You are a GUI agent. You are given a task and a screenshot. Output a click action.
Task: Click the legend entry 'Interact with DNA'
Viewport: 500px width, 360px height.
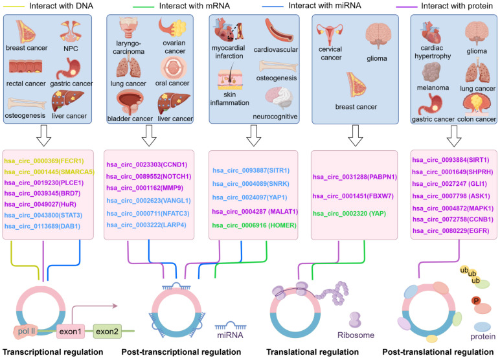[x=62, y=6]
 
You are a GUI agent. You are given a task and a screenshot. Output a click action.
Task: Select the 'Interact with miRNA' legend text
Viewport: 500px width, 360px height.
[x=324, y=6]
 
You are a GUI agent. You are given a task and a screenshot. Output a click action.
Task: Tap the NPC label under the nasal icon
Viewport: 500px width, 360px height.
[x=71, y=49]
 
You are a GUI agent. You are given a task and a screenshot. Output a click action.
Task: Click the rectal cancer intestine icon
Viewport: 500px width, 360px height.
[x=25, y=67]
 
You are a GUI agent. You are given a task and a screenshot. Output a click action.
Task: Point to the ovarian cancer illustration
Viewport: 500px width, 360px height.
[x=172, y=28]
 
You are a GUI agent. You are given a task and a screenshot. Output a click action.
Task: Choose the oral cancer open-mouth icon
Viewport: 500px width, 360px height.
[x=174, y=67]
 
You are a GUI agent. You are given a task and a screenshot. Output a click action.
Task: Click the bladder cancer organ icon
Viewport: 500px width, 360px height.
[x=130, y=102]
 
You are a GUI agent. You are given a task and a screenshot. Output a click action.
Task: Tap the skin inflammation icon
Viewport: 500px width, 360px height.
[x=229, y=78]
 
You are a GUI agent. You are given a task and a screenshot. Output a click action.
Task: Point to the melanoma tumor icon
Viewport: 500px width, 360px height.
[x=431, y=73]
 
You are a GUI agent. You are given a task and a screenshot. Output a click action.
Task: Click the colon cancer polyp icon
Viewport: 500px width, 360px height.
[x=477, y=104]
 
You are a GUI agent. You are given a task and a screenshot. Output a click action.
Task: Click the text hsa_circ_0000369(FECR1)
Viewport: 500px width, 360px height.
[x=44, y=161]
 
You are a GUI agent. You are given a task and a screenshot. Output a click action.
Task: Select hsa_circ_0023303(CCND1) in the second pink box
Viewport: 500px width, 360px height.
[x=146, y=164]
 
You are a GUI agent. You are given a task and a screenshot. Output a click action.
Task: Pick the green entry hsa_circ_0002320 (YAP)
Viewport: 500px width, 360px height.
[x=349, y=213]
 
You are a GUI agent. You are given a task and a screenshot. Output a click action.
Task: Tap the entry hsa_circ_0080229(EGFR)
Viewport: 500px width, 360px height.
[x=451, y=231]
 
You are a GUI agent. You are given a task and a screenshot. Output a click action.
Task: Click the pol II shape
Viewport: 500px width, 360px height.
[x=26, y=332]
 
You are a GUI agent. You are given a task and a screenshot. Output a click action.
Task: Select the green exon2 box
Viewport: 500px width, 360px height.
[x=107, y=332]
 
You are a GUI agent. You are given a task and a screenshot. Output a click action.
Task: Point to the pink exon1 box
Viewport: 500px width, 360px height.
[x=70, y=332]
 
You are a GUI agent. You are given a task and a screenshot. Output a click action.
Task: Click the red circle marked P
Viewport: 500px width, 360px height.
[x=476, y=300]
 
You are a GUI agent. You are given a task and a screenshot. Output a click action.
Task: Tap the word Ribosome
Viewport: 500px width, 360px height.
[x=356, y=335]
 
